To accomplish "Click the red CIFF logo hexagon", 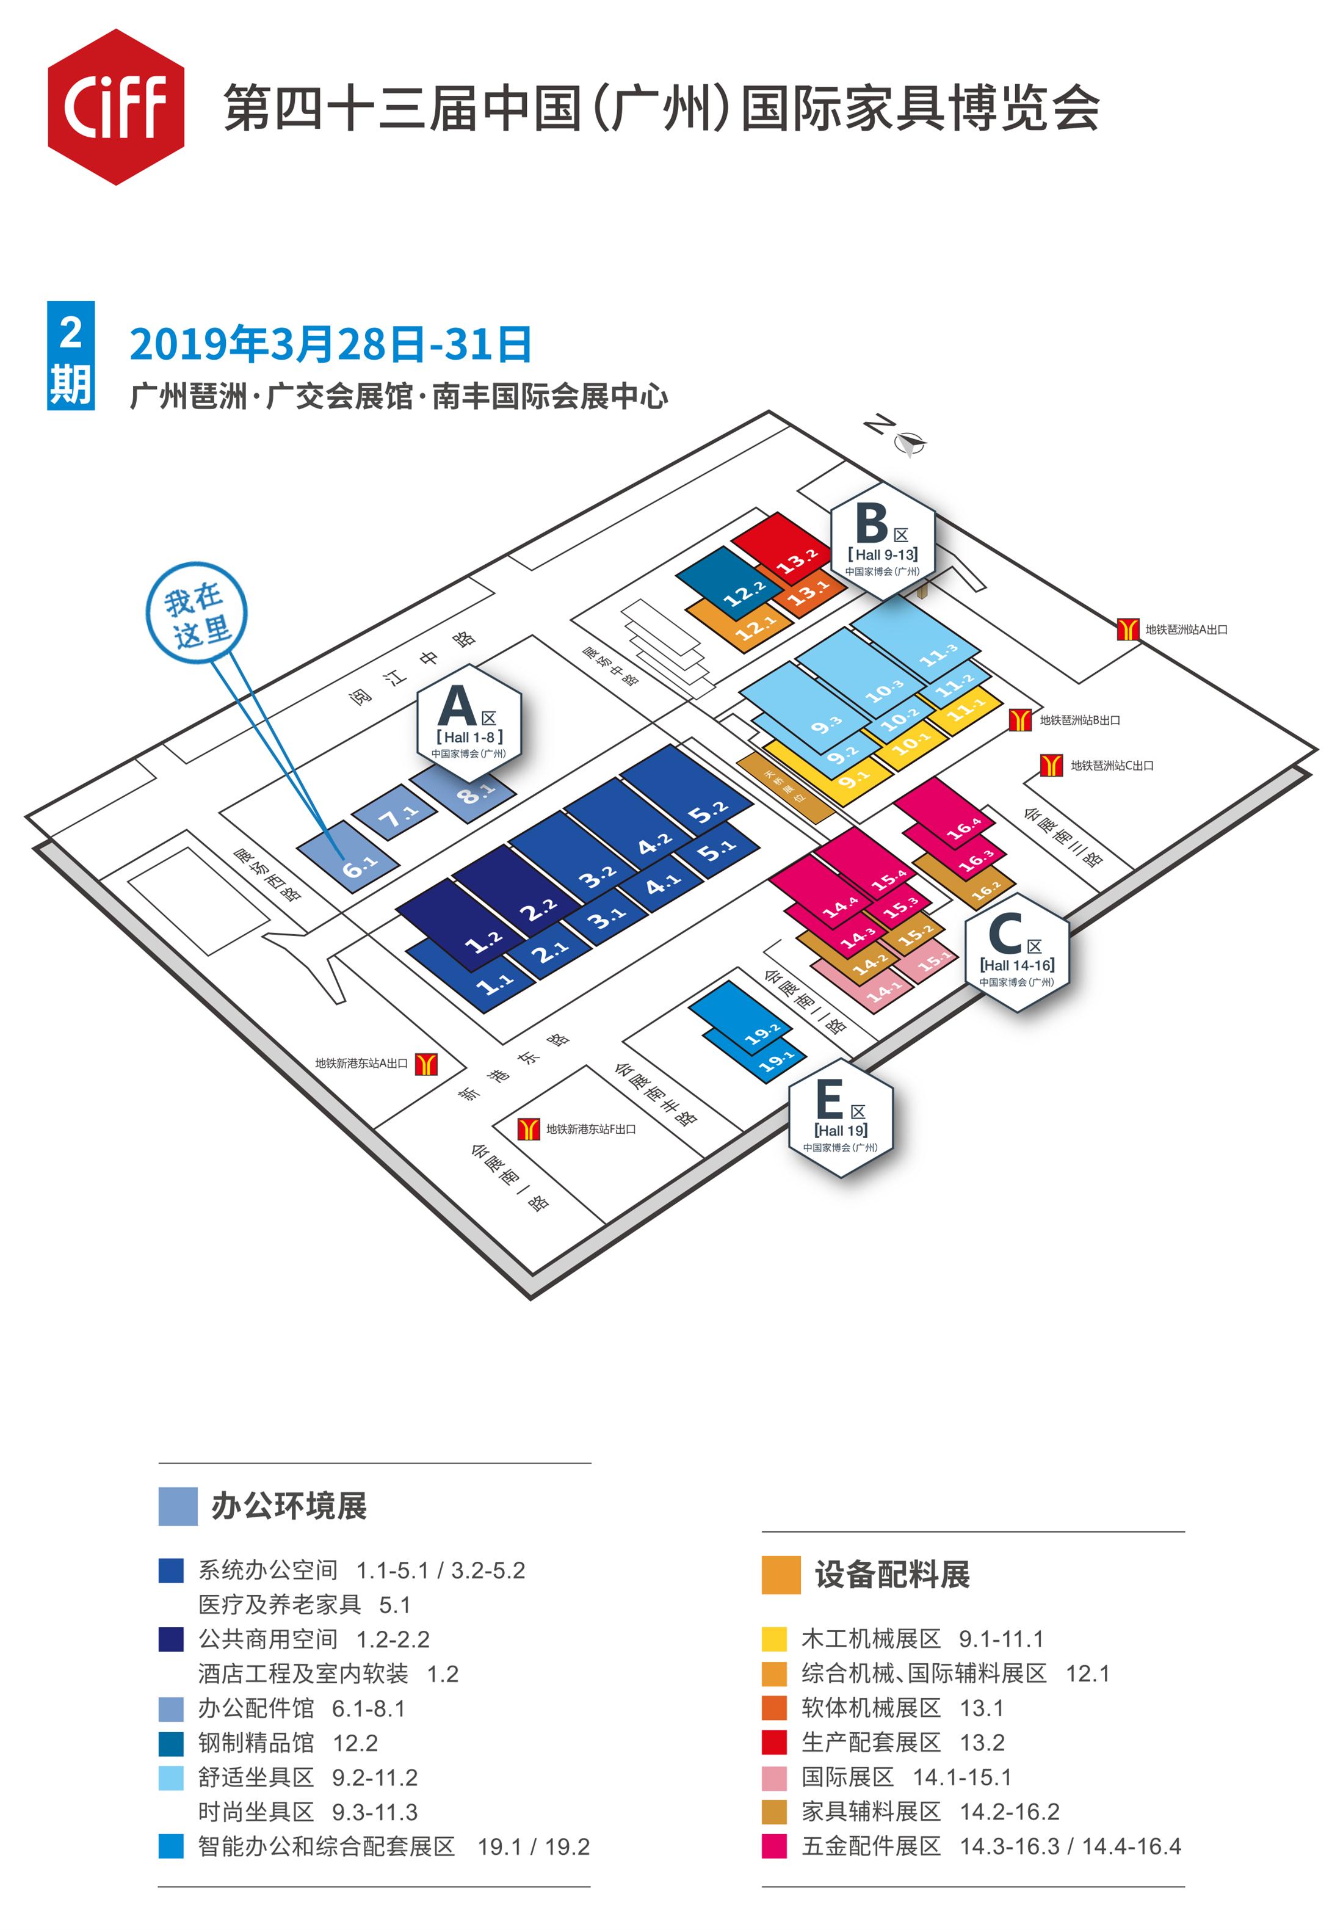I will [115, 107].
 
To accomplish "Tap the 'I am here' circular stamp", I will [197, 612].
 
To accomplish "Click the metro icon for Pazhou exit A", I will [1127, 629].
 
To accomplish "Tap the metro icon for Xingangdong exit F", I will [528, 1129].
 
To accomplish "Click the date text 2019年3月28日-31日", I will [330, 344].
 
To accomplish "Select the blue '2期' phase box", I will [71, 355].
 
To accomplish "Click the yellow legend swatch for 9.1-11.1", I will [773, 1639].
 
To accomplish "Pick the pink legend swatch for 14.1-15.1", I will [773, 1777].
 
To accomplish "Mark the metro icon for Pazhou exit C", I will [1051, 765].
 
